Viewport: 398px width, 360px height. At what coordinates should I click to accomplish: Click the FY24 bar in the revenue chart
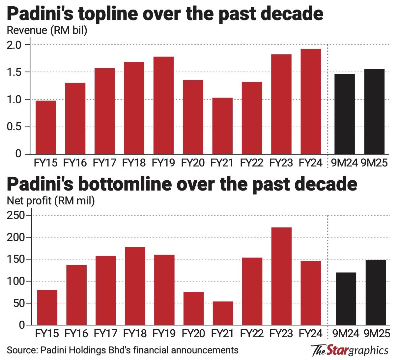(x=311, y=102)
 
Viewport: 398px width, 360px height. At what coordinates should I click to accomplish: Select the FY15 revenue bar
(x=46, y=128)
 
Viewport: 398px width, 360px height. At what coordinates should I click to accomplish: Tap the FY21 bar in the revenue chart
(x=222, y=126)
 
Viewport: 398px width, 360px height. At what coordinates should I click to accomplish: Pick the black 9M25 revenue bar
(x=374, y=112)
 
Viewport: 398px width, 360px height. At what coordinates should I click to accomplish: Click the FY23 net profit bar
(x=281, y=276)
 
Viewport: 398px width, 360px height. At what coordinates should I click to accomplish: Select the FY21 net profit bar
(x=223, y=313)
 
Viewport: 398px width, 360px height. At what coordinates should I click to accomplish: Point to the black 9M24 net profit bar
(x=346, y=299)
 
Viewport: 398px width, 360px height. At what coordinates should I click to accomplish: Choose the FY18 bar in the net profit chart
(x=135, y=286)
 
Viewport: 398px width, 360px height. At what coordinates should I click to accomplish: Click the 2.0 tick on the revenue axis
(x=14, y=45)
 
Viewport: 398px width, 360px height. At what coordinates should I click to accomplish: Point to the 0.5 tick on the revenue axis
(x=14, y=127)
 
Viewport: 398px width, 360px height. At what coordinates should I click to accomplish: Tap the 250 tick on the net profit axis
(x=16, y=215)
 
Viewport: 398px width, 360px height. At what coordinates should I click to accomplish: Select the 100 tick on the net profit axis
(x=16, y=281)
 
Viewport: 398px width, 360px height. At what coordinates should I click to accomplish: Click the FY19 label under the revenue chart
(x=163, y=163)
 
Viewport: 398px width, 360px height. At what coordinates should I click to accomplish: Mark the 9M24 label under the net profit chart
(x=346, y=333)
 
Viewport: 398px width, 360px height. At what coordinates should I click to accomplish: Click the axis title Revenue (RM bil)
(x=47, y=31)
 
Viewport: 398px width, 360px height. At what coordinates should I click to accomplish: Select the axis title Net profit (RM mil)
(x=51, y=201)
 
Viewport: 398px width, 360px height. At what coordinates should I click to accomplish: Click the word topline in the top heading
(x=108, y=14)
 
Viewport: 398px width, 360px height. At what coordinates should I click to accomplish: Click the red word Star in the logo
(x=337, y=350)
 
